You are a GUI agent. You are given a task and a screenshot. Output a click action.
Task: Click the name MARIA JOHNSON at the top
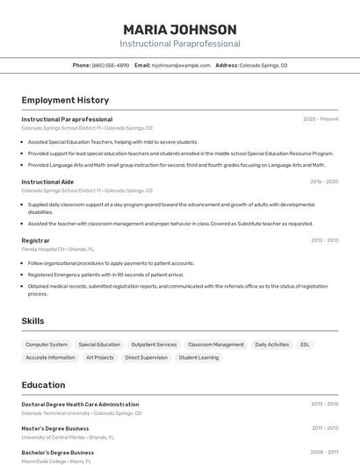tap(179, 29)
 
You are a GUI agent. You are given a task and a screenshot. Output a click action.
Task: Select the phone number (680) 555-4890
tap(110, 65)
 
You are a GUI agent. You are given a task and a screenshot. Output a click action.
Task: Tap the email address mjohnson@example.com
tap(181, 65)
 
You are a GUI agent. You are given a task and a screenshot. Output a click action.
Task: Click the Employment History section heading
tap(65, 100)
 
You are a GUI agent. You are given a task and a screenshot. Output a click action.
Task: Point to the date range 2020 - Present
tap(320, 119)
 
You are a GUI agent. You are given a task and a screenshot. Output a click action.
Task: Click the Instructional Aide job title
tap(47, 182)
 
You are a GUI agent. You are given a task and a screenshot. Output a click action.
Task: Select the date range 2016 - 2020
tap(324, 182)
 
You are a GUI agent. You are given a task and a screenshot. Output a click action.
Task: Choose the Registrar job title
tap(35, 240)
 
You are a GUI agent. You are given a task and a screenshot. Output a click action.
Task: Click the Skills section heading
tap(32, 321)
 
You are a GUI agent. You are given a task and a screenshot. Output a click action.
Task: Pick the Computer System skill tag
tap(47, 345)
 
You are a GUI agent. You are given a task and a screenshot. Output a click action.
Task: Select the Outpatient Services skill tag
tap(154, 345)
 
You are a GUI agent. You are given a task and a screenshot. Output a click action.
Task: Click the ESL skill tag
tap(305, 345)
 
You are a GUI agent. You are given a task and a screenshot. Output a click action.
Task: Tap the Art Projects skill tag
tap(100, 357)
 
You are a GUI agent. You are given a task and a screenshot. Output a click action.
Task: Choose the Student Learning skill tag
tap(198, 357)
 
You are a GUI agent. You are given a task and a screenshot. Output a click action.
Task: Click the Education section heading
tap(43, 384)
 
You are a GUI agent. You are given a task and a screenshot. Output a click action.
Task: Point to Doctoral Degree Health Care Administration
tap(80, 404)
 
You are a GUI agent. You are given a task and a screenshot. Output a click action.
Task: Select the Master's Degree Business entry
tap(55, 428)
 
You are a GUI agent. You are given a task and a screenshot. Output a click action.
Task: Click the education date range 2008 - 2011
tap(324, 453)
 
